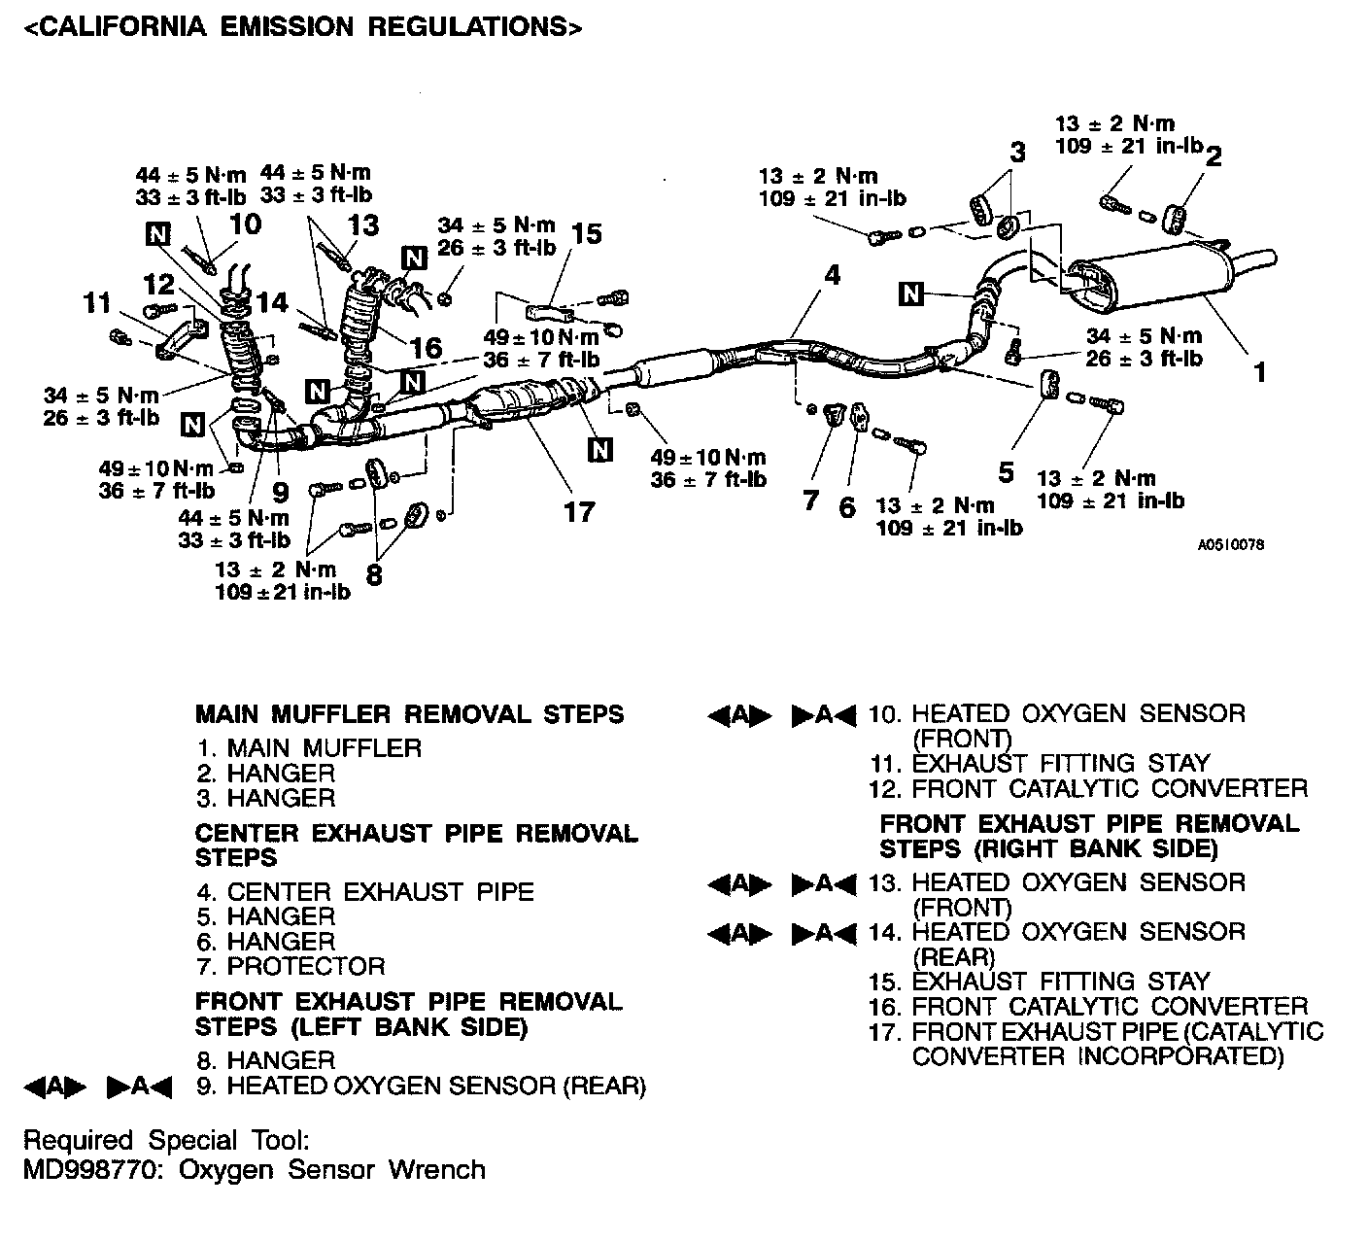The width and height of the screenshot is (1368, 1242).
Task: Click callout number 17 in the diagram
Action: point(579,511)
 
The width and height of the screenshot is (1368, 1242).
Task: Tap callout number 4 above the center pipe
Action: point(832,275)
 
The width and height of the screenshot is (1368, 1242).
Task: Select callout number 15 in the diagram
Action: point(587,233)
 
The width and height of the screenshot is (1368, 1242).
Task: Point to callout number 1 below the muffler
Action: point(1259,371)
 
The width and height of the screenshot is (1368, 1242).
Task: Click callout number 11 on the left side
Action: point(97,303)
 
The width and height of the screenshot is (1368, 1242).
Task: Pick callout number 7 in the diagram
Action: point(811,501)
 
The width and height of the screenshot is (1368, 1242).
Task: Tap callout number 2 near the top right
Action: point(1214,155)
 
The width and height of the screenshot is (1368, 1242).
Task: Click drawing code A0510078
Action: point(1231,545)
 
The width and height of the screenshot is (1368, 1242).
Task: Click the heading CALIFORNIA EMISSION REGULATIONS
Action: point(302,26)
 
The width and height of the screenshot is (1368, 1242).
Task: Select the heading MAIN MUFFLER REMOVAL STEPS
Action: point(409,714)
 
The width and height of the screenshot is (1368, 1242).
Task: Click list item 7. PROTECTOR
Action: point(291,966)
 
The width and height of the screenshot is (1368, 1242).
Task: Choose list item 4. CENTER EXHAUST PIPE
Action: point(365,891)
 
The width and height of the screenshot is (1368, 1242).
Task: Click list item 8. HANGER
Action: point(265,1060)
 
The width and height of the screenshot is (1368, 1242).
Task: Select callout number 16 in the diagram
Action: point(426,347)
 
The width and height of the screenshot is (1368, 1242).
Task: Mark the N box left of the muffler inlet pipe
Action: point(910,293)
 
